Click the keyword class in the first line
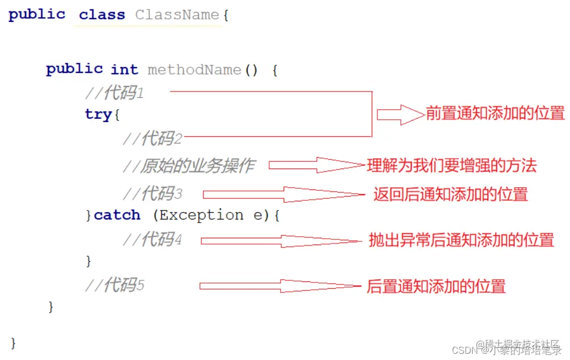(x=102, y=15)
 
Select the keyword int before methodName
(x=124, y=70)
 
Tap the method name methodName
(x=194, y=70)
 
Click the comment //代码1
(x=115, y=94)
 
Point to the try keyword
(x=98, y=114)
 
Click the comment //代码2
(x=153, y=138)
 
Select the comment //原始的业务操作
(x=189, y=166)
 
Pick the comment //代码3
(x=153, y=194)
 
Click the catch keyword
(x=117, y=215)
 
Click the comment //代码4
(x=153, y=239)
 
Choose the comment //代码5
(x=115, y=285)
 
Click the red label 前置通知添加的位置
(x=495, y=113)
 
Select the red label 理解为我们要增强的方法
(x=451, y=166)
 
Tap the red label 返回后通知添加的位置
(x=450, y=194)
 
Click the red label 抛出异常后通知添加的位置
(x=461, y=240)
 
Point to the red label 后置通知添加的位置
(x=436, y=286)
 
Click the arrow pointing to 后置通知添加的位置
(x=280, y=286)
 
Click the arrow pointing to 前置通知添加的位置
(x=400, y=114)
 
